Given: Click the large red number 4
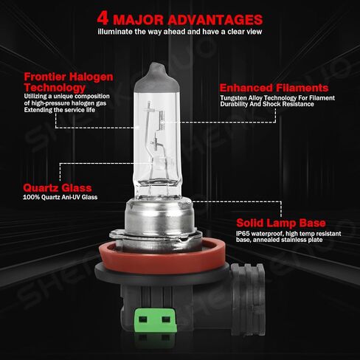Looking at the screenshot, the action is (x=103, y=18).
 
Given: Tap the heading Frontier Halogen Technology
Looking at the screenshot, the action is (x=69, y=82).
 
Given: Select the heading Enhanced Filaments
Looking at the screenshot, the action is (x=274, y=88).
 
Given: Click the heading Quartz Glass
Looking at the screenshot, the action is (x=58, y=188).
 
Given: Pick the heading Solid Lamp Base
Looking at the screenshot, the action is (x=281, y=223).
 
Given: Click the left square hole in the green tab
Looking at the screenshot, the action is (x=143, y=319).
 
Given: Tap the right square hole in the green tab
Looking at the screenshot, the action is (x=166, y=319).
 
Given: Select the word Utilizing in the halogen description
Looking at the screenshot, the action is (x=35, y=96).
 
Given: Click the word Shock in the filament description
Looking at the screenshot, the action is (x=271, y=104).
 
